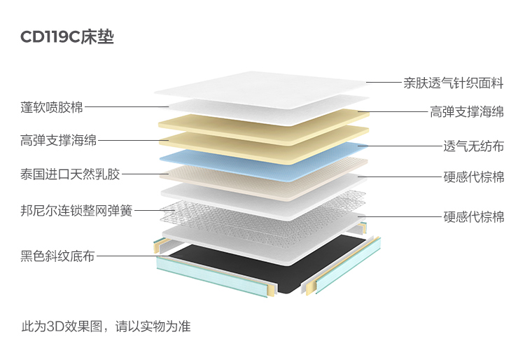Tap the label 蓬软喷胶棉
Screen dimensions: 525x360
52,107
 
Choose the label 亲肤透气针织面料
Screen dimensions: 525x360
453,83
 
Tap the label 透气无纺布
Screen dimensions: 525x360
473,146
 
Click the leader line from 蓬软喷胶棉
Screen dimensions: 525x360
126,107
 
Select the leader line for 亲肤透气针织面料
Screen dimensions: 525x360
382,83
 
